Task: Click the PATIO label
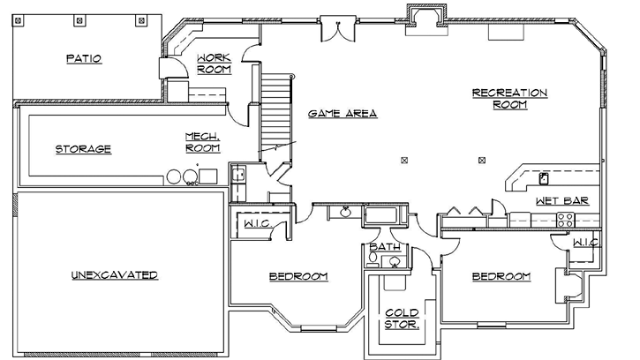(85, 59)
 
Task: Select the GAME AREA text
(343, 114)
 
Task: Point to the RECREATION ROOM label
(509, 98)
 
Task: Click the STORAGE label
(84, 148)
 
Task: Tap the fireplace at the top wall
(422, 18)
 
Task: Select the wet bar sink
(544, 178)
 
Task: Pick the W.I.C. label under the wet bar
(584, 242)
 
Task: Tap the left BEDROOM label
(298, 277)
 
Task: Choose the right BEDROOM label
(501, 277)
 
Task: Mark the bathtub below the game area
(381, 214)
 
